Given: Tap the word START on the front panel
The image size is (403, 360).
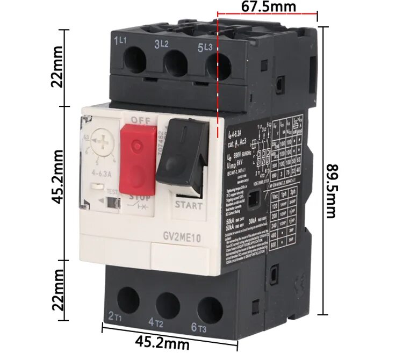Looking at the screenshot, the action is tap(189, 205).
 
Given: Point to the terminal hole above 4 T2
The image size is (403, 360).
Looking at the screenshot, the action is tap(168, 304).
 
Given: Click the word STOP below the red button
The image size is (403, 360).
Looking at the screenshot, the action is tap(140, 198).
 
